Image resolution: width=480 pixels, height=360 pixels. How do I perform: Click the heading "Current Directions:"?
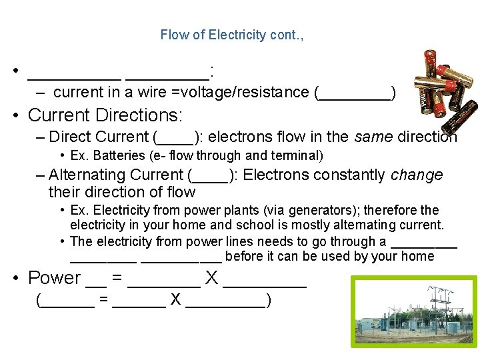(x=105, y=115)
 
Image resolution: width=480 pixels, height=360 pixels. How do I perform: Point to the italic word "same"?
(x=372, y=137)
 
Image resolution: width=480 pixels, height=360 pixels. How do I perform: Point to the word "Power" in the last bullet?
(x=54, y=278)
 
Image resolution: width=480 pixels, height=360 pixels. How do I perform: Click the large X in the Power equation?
(x=211, y=278)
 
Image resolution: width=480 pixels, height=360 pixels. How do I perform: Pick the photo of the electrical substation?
(x=416, y=311)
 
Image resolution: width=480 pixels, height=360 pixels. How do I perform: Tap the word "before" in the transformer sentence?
(x=243, y=257)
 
